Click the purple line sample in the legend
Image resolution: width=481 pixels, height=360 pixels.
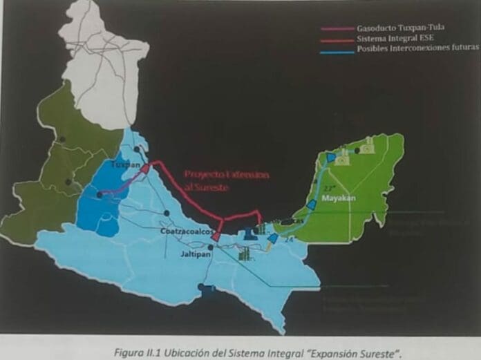pos(337,29)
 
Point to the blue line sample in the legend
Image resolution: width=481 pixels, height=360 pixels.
pos(337,49)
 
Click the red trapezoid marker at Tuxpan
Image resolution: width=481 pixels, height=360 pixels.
pos(147,168)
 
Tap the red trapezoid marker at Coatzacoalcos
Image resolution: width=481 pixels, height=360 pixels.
pos(216,236)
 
